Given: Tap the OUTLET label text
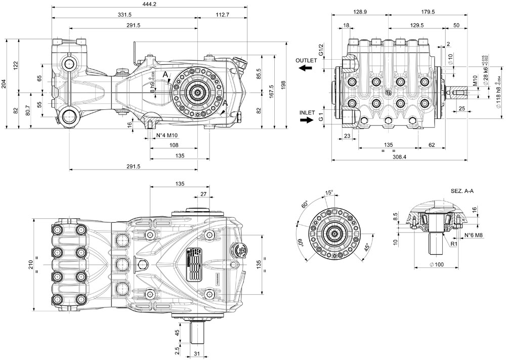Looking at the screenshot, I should coord(307,60).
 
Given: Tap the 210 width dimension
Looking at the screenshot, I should coord(31,263).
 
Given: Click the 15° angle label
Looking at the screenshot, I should coord(329,193).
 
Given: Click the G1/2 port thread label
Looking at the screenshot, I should coord(321,50).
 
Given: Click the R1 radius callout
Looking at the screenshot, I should coord(454,244).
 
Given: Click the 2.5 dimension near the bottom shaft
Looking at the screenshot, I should coord(177,350).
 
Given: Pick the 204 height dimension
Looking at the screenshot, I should coord(5,84).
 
